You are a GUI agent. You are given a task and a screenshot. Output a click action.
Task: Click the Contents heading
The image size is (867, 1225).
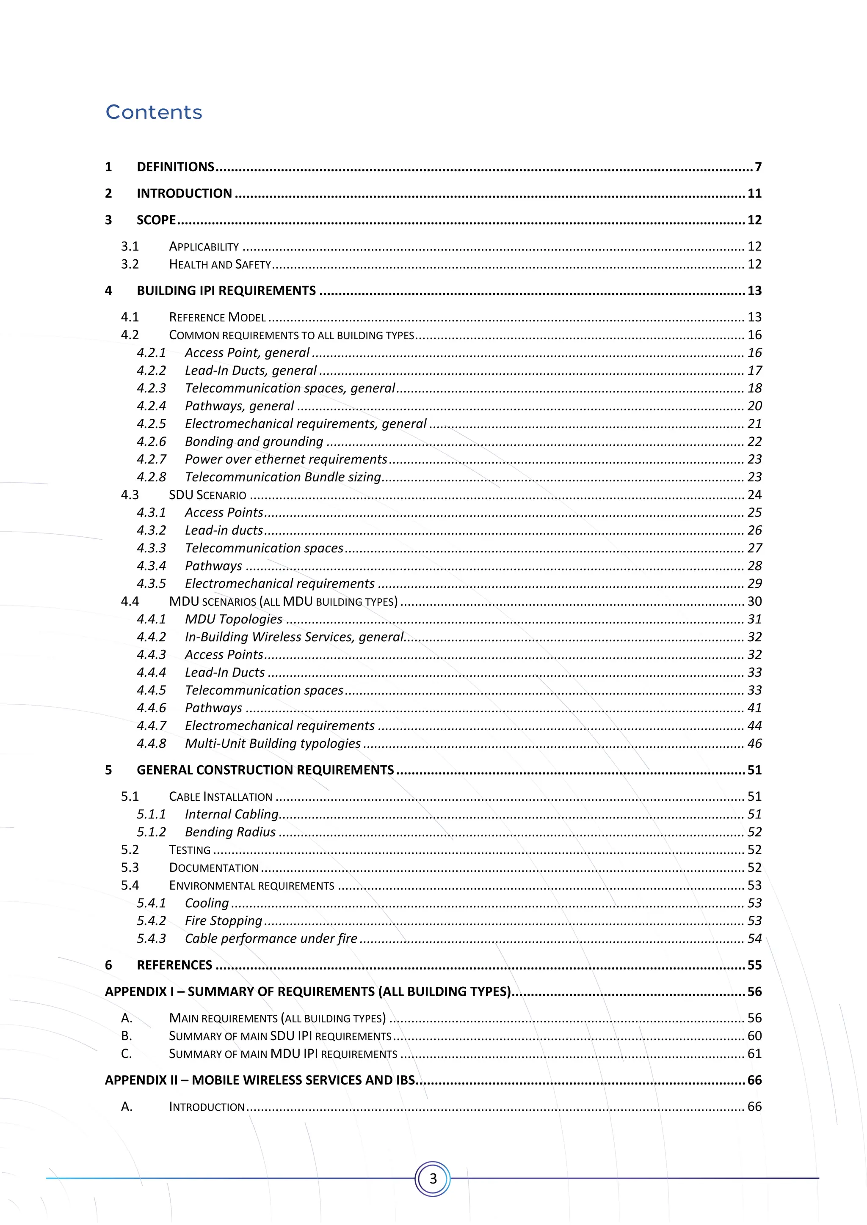pos(154,112)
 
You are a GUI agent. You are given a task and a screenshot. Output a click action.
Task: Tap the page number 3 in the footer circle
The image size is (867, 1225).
pos(433,1178)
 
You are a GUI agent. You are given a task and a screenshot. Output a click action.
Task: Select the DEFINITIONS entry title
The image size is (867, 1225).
pos(176,167)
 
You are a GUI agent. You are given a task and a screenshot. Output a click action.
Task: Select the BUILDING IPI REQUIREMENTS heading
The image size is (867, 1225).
pos(226,291)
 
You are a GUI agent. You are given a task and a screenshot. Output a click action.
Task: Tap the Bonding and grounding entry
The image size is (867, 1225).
pos(254,442)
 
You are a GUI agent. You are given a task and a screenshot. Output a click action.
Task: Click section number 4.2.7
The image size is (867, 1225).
pos(151,459)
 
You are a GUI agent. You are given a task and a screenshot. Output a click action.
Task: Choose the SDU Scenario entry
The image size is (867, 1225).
pos(208,495)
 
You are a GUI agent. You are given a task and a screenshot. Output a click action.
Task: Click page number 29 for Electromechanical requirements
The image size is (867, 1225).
pos(754,584)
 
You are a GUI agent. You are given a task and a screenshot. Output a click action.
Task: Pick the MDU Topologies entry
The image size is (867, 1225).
pos(233,619)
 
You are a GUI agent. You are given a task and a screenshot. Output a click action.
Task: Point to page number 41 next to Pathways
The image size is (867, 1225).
pos(754,708)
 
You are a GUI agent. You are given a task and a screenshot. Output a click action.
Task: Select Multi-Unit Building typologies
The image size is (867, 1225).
pos(272,743)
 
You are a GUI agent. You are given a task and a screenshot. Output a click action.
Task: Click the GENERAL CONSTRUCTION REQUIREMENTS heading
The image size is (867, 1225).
pos(265,770)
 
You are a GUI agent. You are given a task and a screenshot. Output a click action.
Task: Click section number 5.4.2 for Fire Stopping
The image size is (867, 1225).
pos(151,920)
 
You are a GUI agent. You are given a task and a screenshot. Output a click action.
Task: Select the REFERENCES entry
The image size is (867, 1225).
pos(174,965)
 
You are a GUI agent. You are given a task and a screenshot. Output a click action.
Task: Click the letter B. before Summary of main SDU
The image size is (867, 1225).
pos(127,1036)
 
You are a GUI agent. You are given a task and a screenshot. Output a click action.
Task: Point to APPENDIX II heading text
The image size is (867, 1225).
pos(260,1080)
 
